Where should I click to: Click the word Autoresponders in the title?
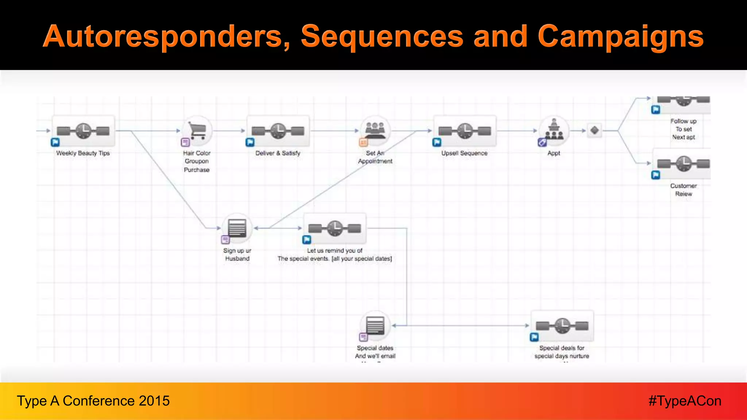click(x=166, y=36)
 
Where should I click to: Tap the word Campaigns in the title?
click(x=620, y=36)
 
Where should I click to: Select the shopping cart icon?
click(x=197, y=131)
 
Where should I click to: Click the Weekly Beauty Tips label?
click(x=83, y=153)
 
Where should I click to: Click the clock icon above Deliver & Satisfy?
click(x=278, y=131)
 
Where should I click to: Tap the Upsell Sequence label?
click(x=464, y=153)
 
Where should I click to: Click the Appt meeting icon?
click(x=554, y=131)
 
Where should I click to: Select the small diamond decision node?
click(x=595, y=130)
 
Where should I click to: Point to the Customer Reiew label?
click(x=684, y=190)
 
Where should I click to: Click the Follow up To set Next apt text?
click(x=684, y=129)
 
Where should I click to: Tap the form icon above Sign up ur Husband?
click(x=237, y=228)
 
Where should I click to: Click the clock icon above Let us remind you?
click(x=334, y=228)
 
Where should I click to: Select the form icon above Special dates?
click(x=375, y=326)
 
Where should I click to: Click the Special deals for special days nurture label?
click(x=562, y=352)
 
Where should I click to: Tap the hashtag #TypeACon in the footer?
click(x=685, y=401)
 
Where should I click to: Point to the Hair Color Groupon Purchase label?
click(x=197, y=161)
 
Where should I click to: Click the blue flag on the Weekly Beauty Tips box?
click(x=55, y=142)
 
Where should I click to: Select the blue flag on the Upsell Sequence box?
click(x=437, y=142)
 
